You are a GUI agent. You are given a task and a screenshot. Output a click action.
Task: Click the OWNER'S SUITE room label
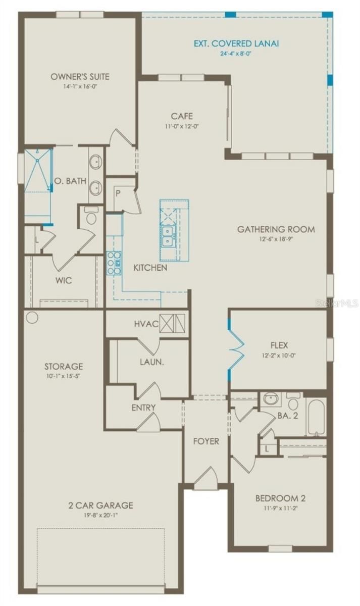80,77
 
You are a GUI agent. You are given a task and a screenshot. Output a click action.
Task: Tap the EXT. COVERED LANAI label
236,43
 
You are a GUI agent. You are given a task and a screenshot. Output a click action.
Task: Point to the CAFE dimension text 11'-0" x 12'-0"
182,126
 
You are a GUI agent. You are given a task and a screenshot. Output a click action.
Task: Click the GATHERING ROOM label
276,229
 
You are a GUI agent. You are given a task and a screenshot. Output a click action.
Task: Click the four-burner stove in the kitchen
114,263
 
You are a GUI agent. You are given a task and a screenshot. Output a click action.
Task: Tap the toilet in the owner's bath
91,216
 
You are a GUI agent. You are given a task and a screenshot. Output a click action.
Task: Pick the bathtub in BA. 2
316,418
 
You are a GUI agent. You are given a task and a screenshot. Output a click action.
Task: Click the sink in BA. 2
271,398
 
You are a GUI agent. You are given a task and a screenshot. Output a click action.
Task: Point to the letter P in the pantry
118,194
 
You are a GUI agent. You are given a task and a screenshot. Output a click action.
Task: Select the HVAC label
146,324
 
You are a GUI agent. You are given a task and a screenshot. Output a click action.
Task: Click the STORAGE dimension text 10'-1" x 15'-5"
63,376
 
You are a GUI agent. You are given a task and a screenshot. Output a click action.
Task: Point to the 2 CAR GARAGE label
100,505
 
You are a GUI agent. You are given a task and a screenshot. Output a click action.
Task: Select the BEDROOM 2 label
281,498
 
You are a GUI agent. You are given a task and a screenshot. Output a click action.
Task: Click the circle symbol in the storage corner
32,317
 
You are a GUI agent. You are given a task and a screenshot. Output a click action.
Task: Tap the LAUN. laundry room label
152,362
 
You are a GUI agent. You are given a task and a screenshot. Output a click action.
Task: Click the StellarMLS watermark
337,304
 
